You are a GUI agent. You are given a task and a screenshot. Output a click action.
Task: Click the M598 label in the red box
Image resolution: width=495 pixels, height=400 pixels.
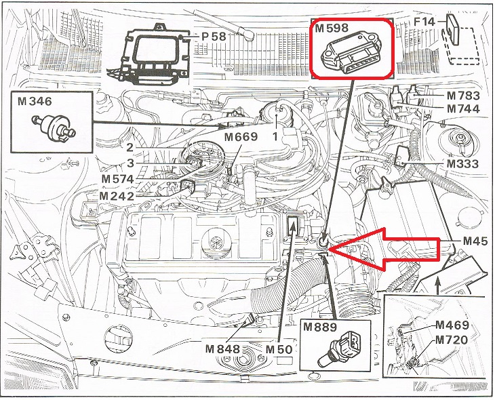[332, 28]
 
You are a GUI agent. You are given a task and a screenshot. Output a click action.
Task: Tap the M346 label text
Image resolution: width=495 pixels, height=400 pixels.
[35, 101]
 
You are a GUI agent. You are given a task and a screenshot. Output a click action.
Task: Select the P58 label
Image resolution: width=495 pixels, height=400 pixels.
[214, 37]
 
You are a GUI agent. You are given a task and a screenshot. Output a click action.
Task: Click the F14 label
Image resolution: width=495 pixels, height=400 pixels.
[424, 22]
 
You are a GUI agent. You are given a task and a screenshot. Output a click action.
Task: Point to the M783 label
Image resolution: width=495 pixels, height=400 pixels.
[463, 96]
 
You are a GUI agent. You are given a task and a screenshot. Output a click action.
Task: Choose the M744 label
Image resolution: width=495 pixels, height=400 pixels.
[463, 108]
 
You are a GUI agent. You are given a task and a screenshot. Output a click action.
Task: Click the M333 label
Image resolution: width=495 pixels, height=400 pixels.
[462, 163]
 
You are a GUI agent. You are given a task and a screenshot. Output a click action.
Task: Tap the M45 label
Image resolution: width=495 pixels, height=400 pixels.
[475, 241]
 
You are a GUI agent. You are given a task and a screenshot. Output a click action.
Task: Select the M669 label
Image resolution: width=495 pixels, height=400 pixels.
[241, 137]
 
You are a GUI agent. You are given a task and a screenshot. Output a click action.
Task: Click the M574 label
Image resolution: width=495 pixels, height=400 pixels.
[118, 179]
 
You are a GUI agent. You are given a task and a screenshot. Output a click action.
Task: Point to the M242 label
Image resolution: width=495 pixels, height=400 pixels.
[117, 196]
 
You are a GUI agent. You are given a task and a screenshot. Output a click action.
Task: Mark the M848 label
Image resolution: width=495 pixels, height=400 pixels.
[222, 349]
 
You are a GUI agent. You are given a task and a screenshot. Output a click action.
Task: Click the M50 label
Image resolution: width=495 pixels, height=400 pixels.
[279, 349]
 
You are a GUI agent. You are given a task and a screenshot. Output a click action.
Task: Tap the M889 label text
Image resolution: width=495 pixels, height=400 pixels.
[320, 327]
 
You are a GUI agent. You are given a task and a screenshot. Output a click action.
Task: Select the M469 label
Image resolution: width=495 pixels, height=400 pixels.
[452, 325]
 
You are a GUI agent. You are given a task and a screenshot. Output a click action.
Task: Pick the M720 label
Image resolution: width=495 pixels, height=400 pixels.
[452, 340]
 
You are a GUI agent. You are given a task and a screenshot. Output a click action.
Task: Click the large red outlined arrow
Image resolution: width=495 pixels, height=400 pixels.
[384, 249]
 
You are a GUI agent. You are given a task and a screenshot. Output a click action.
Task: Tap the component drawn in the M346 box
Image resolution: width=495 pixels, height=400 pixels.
[54, 126]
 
